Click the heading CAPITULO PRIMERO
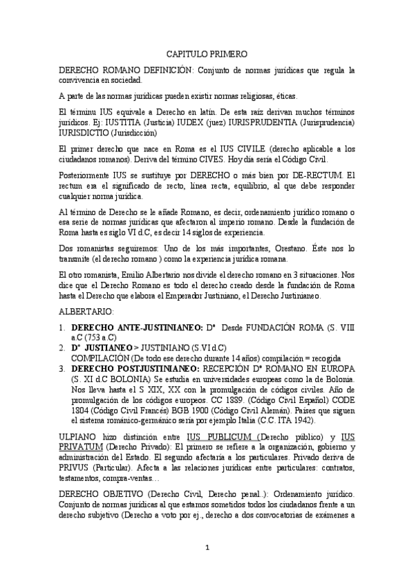pos(207,53)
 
